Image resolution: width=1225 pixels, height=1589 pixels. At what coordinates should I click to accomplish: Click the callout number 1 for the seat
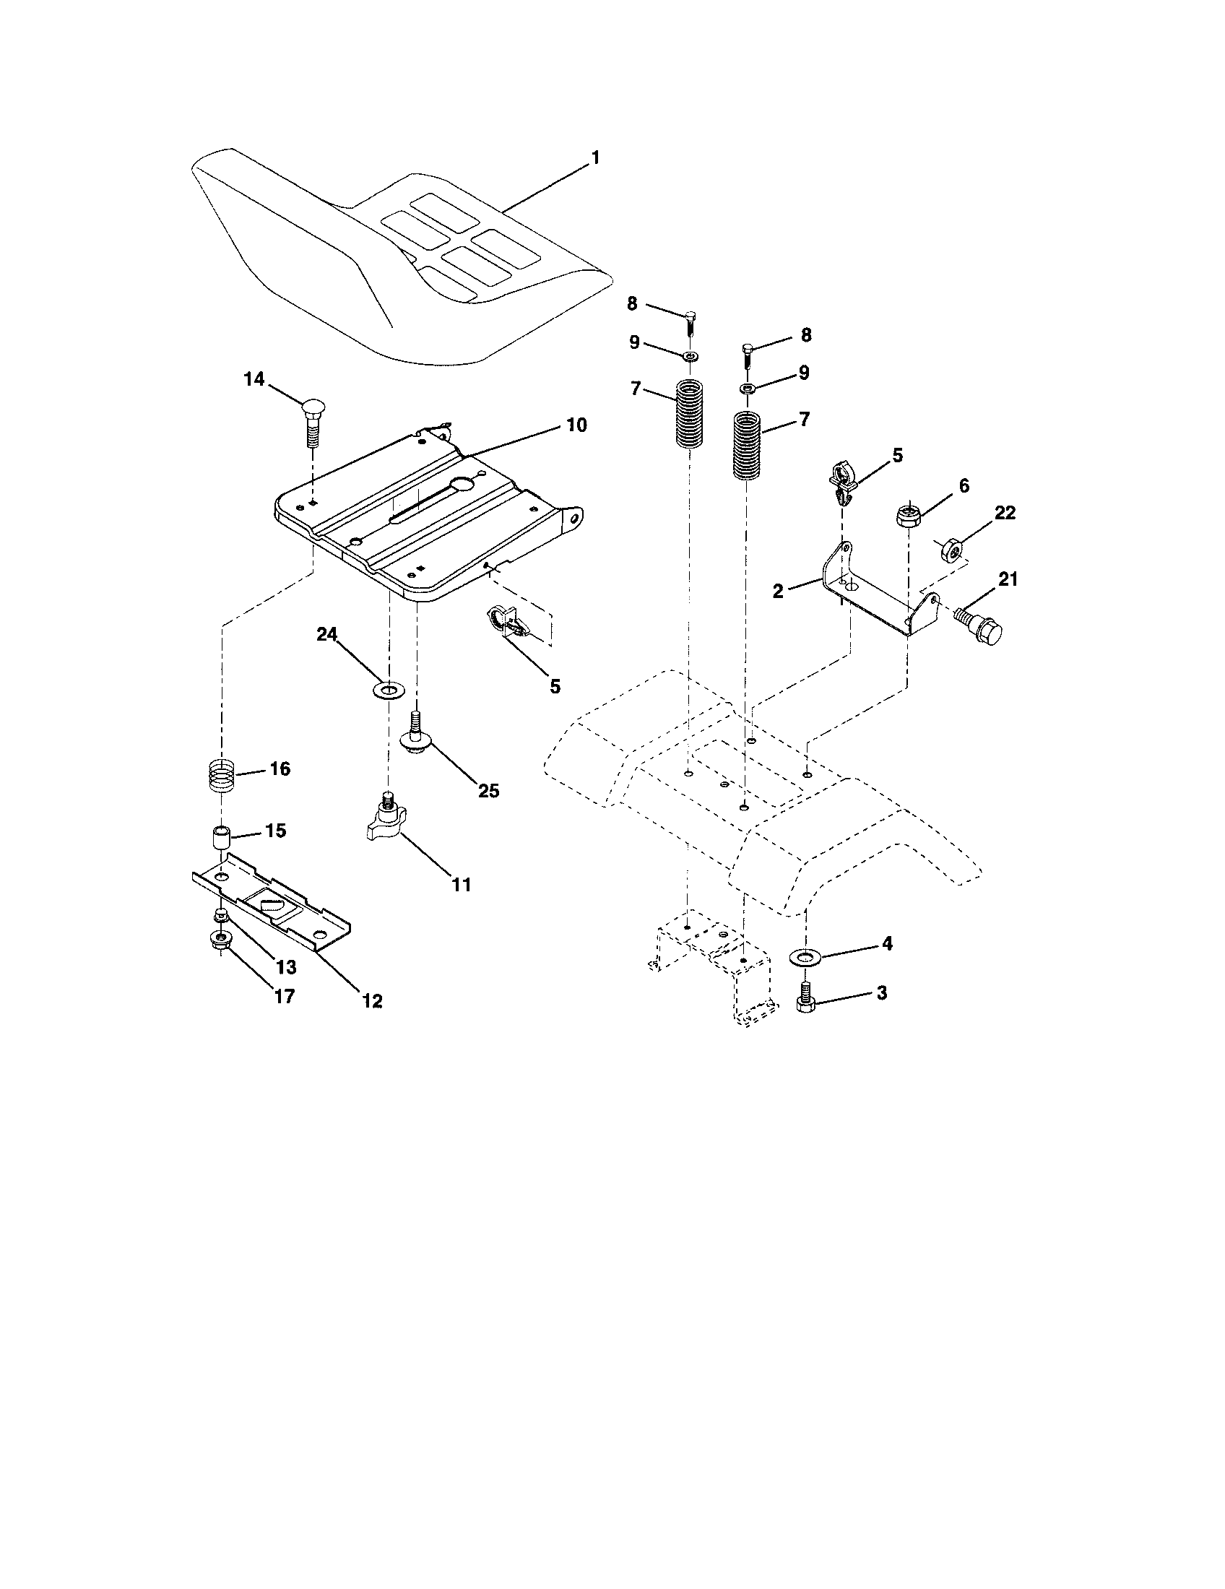pos(595,158)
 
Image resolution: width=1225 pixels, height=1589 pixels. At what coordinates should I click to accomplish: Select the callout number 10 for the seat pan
pos(576,425)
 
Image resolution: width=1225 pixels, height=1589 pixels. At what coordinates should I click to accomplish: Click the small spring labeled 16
pos(219,775)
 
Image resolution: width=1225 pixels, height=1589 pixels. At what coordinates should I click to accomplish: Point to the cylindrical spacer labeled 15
pos(220,836)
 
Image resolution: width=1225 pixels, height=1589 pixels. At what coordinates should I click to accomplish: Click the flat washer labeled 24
pos(389,688)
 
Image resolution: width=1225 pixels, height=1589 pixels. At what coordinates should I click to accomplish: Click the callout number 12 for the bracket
pos(372,1000)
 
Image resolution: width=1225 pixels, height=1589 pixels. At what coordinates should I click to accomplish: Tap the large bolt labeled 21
pos(981,623)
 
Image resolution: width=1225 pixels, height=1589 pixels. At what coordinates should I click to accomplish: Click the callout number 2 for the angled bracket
pos(778,592)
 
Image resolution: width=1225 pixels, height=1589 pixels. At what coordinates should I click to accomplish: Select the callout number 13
pos(285,966)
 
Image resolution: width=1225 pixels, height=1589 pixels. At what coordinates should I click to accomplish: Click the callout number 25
pos(488,790)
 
